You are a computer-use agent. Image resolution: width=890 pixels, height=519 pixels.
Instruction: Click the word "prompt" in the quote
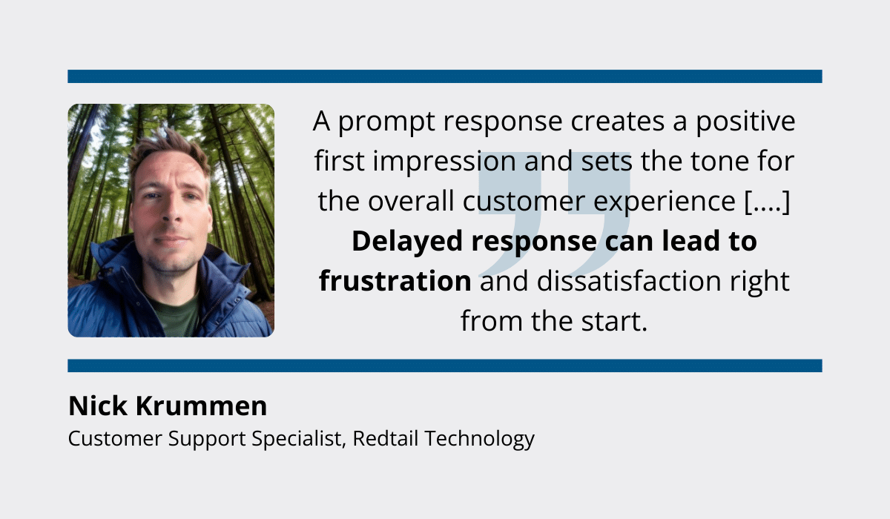386,122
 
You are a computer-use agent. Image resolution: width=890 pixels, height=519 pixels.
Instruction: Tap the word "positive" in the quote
745,121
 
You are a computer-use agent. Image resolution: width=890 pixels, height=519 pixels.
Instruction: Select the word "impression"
444,162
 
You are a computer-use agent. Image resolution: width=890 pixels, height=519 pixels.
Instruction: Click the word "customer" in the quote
524,202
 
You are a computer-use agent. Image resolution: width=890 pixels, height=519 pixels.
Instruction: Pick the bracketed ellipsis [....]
767,202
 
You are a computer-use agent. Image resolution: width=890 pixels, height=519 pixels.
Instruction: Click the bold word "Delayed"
407,242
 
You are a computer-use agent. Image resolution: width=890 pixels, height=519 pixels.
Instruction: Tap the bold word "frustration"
395,281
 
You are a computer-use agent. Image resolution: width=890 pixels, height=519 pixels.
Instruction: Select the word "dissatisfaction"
629,281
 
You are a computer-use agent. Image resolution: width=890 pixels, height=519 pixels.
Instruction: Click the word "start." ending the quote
614,322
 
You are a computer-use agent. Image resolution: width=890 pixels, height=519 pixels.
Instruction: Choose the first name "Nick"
98,406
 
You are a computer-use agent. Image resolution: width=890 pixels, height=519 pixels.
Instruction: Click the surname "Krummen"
202,406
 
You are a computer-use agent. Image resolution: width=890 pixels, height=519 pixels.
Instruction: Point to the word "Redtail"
386,438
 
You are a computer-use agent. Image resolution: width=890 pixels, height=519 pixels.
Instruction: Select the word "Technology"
480,439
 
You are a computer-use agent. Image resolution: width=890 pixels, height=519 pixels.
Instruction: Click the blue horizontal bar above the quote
445,76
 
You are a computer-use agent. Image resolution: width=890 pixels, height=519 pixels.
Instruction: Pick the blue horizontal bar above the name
445,366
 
